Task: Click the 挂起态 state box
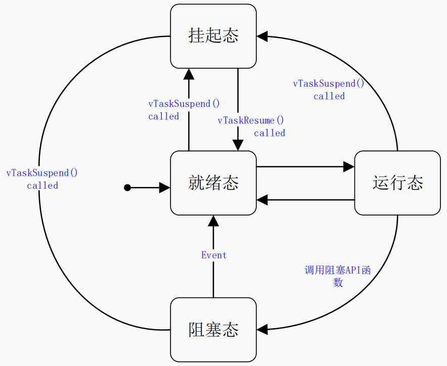pos(213,36)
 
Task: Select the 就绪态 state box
pos(213,183)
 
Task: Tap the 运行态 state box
pos(397,183)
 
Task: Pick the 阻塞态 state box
pos(213,330)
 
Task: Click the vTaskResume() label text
pos(251,121)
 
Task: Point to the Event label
pos(214,255)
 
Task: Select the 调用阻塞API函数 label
pos(337,276)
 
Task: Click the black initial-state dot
pos(127,188)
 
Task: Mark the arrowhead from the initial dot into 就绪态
pos(165,188)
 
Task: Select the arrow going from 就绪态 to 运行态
pos(303,167)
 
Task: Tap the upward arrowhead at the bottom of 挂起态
pos(189,74)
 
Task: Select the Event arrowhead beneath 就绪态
pos(213,221)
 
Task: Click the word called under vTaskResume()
pos(270,133)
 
